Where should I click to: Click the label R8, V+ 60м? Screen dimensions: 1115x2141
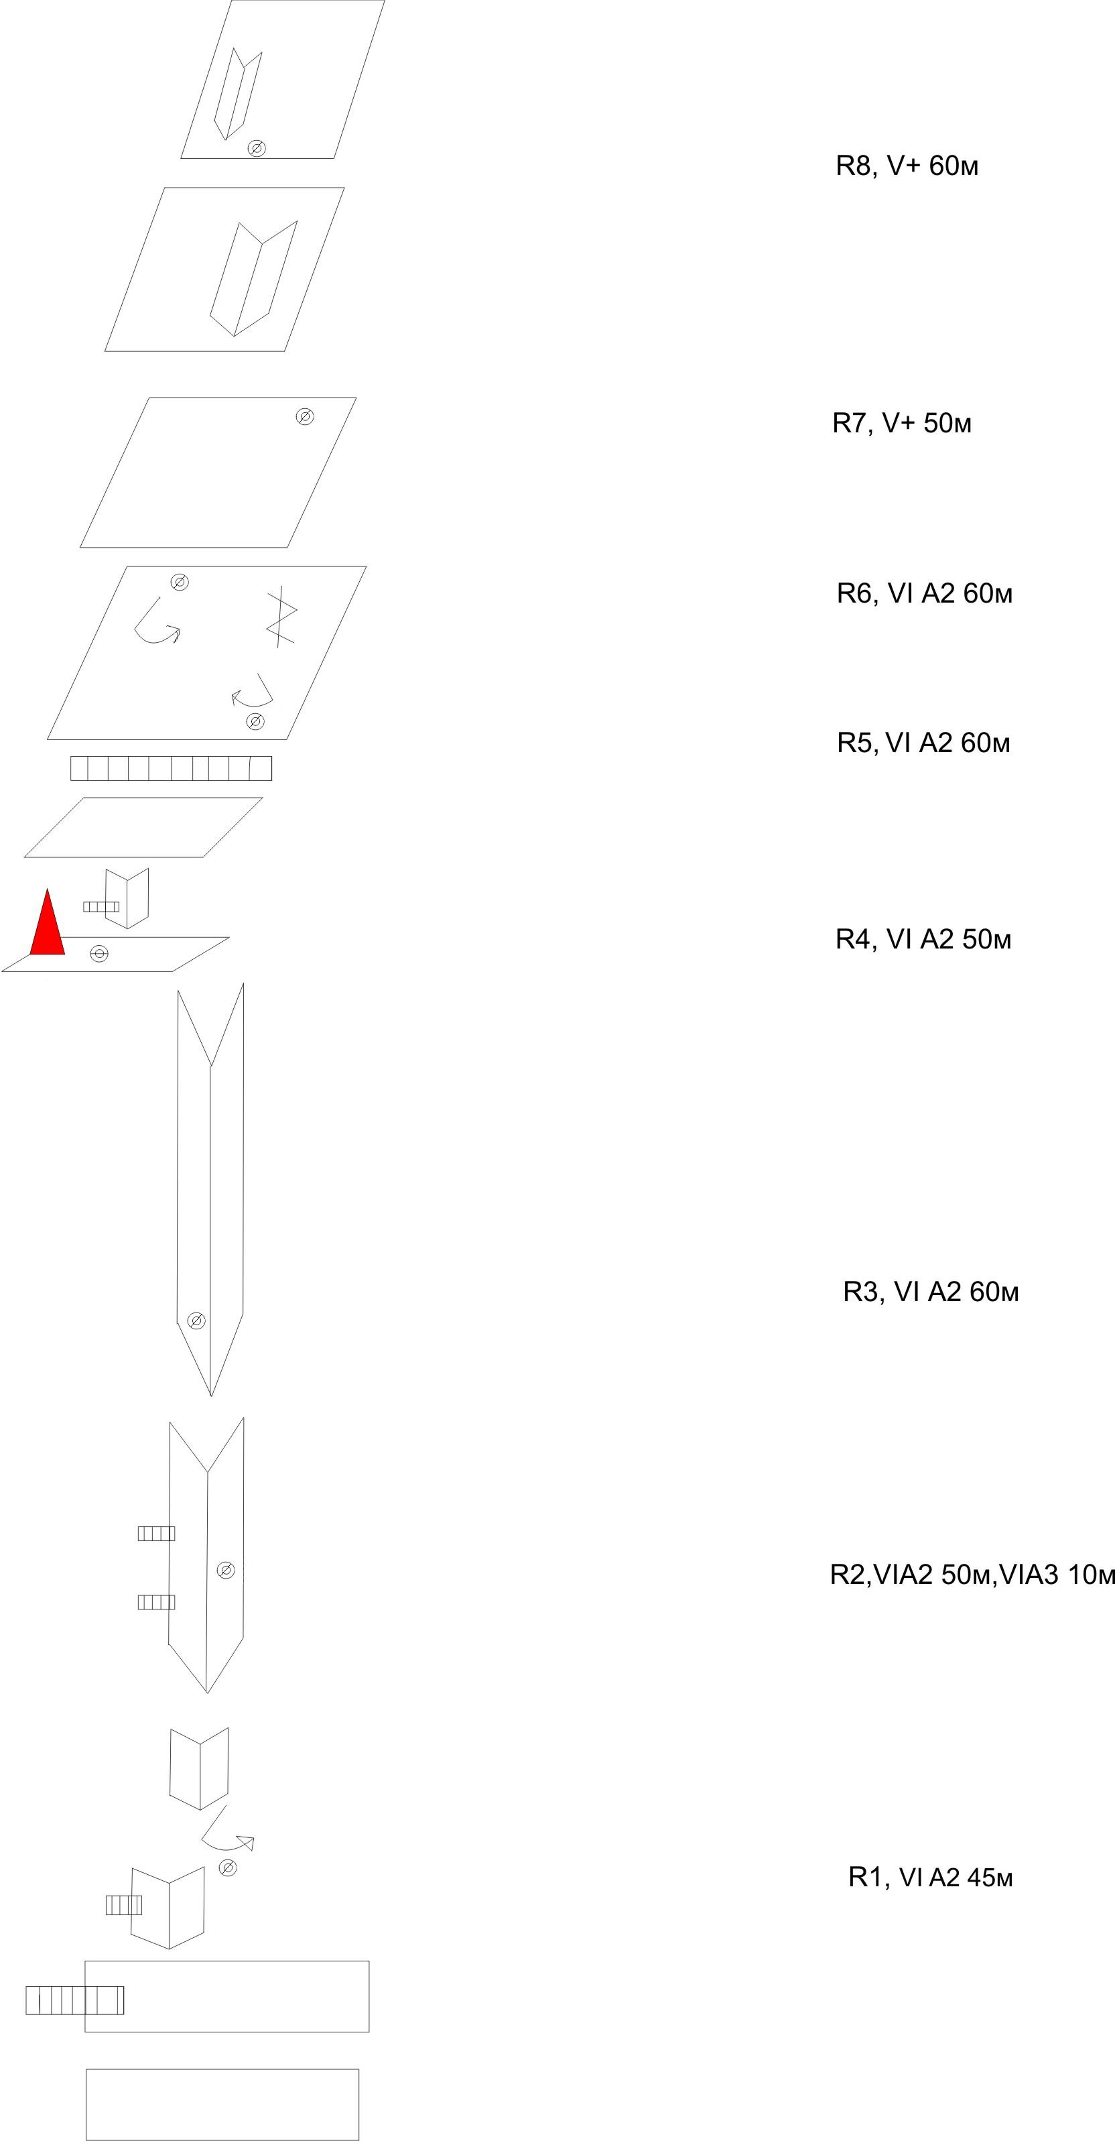907,166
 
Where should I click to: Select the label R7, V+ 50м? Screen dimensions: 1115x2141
901,423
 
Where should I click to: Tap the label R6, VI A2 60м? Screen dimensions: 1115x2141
924,593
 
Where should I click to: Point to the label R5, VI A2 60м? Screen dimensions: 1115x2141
923,742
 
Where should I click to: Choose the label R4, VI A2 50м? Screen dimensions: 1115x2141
923,939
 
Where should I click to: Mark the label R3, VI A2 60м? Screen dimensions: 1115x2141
931,1292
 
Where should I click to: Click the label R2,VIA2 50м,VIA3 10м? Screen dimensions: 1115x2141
972,1574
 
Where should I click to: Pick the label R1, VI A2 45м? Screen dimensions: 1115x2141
931,1877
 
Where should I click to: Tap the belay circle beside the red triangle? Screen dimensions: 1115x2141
99,953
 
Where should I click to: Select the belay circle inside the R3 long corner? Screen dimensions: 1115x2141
196,1320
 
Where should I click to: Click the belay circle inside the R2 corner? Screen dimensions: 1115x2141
225,1569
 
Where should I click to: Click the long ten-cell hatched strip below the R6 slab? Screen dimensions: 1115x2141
171,768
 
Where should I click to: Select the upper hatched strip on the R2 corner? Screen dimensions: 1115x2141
156,1534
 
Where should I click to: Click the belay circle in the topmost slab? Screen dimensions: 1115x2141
257,148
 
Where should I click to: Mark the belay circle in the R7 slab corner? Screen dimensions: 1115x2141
305,416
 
